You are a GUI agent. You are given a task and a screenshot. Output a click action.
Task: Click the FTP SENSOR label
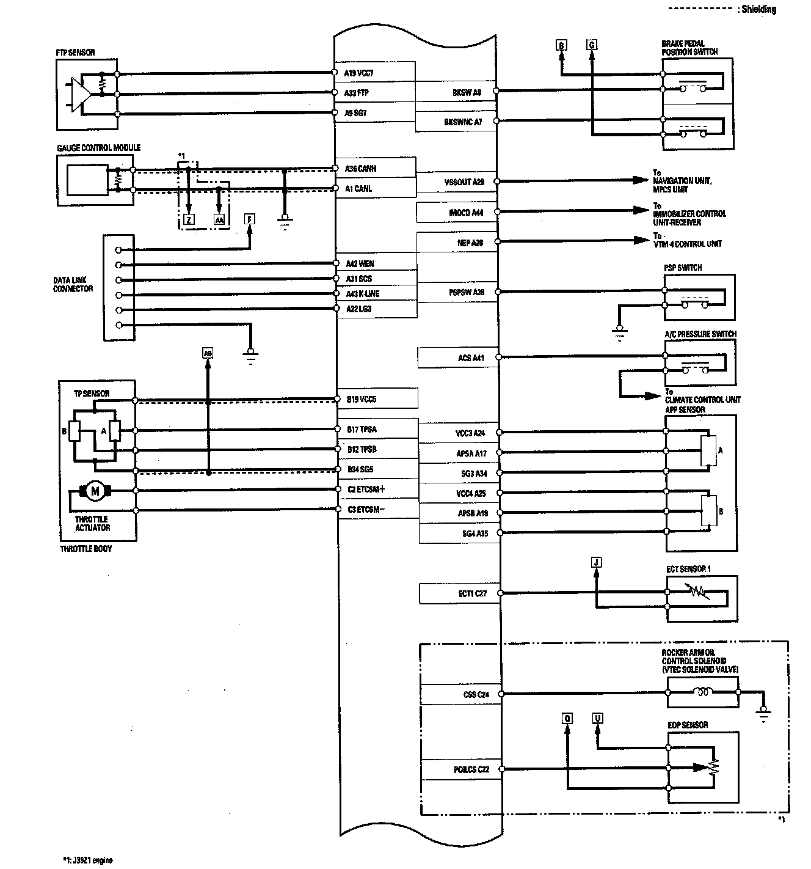75,53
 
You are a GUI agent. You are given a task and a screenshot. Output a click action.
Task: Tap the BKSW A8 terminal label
467,93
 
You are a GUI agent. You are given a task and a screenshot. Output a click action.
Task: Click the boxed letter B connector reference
561,45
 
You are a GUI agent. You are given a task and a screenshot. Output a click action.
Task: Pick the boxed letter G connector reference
591,45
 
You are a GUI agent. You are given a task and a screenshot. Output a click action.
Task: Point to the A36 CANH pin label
358,169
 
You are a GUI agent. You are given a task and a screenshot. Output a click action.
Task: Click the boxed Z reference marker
189,219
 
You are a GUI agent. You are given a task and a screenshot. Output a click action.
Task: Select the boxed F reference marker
250,219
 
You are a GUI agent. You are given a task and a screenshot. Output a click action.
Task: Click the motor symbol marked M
94,490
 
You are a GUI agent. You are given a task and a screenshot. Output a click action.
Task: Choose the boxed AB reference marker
208,353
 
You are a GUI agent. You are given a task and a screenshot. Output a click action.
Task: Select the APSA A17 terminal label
471,453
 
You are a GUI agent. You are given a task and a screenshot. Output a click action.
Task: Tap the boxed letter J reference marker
597,562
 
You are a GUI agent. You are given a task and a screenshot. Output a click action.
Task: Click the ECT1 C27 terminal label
472,593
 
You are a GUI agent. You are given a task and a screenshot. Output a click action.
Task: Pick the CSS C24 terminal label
476,694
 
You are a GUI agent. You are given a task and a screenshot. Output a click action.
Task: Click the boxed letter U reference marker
597,719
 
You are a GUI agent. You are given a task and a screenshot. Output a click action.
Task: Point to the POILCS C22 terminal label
471,769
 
